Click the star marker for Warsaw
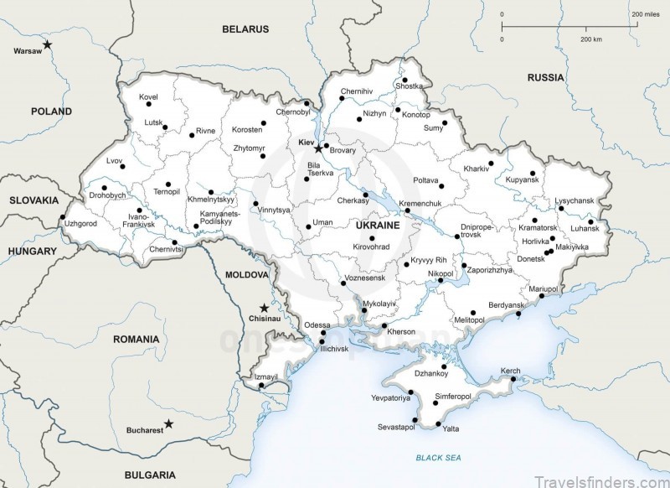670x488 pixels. pyautogui.click(x=49, y=44)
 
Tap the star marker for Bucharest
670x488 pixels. pyautogui.click(x=168, y=423)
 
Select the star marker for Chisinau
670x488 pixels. pyautogui.click(x=265, y=307)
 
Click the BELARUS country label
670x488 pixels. pyautogui.click(x=245, y=29)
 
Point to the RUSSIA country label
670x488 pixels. pyautogui.click(x=546, y=77)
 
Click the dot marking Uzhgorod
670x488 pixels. pyautogui.click(x=61, y=220)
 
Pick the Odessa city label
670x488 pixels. pyautogui.click(x=317, y=324)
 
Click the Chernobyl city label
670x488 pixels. pyautogui.click(x=293, y=112)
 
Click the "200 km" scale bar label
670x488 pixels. pyautogui.click(x=590, y=39)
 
